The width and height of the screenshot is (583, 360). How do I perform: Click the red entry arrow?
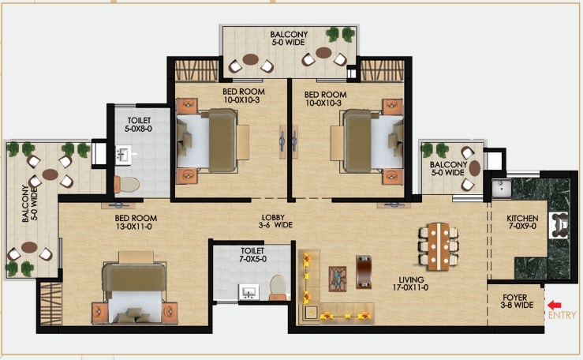(555, 306)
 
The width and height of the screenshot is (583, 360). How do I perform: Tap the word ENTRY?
(562, 315)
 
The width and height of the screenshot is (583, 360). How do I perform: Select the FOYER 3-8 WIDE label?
(517, 302)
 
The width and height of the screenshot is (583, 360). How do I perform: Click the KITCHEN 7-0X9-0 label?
(522, 222)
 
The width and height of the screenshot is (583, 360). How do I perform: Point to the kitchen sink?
(502, 188)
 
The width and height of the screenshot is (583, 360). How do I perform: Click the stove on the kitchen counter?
(559, 225)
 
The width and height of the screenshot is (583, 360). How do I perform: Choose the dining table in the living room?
(439, 246)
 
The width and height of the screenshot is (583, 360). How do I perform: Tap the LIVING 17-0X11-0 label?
(411, 283)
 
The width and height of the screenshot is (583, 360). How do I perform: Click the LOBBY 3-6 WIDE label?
(275, 221)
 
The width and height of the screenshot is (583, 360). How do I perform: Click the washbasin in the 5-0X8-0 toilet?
(123, 155)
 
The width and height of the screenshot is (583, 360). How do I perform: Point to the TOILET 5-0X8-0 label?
(139, 125)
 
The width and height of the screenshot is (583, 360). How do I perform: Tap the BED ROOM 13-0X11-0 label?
(136, 222)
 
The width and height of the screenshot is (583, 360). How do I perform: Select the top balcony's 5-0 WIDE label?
(289, 43)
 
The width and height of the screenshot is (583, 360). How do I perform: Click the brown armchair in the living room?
(363, 272)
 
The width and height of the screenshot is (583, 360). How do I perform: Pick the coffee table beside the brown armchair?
(338, 279)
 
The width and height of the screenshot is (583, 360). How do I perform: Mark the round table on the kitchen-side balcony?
(474, 168)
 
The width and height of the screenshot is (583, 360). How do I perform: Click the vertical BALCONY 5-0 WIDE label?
(30, 204)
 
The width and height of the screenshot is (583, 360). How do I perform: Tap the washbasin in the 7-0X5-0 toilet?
(249, 292)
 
